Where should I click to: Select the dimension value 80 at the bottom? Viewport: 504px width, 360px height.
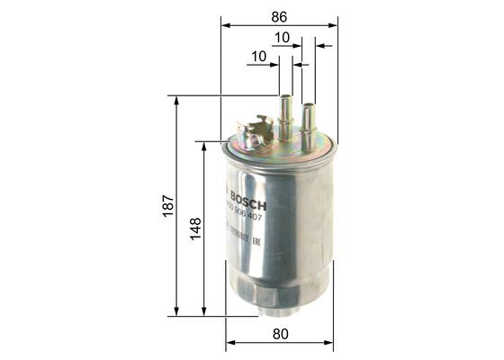[280, 333]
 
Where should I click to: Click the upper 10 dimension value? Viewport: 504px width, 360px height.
[282, 39]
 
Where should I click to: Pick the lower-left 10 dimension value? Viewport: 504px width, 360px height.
[259, 56]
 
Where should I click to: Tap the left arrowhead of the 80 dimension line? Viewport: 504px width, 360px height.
[229, 342]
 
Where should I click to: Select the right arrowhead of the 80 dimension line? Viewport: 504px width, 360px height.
[331, 342]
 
